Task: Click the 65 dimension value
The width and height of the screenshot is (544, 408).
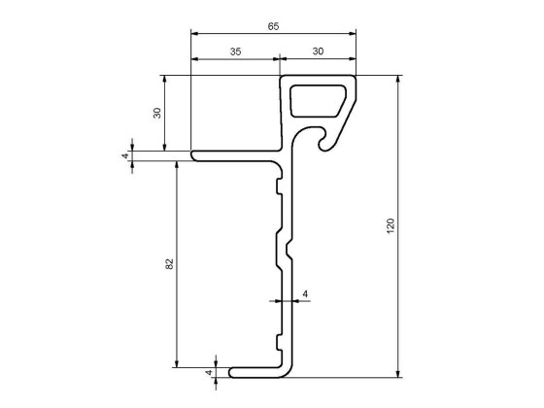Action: click(273, 26)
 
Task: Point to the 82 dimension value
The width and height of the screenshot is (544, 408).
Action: click(169, 263)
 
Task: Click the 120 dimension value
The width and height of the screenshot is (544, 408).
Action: click(391, 225)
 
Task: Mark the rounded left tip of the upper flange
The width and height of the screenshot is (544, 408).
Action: click(193, 154)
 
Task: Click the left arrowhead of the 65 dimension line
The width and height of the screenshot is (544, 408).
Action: click(194, 33)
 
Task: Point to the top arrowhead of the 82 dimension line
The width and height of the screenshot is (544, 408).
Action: click(176, 163)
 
